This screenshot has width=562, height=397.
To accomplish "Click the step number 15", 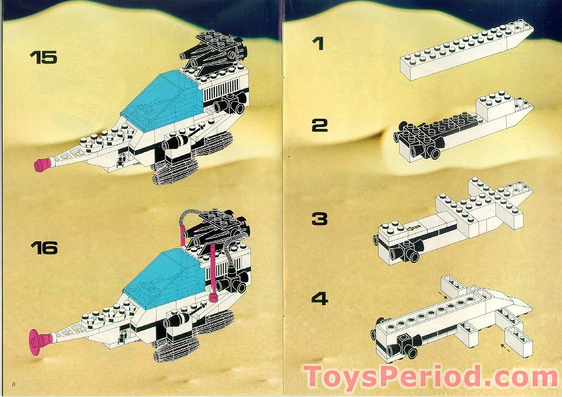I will click(x=43, y=57).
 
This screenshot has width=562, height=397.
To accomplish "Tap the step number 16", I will click(x=43, y=247).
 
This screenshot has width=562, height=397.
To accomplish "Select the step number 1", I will click(x=318, y=44).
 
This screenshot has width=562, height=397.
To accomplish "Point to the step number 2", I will click(x=319, y=125).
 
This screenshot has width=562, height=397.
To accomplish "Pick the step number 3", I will click(x=319, y=219).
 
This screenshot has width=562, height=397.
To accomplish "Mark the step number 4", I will click(x=319, y=298).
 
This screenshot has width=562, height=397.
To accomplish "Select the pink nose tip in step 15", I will click(x=43, y=165).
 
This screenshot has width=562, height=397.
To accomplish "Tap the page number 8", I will click(x=12, y=383).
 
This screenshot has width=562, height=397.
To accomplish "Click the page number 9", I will click(x=551, y=384).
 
